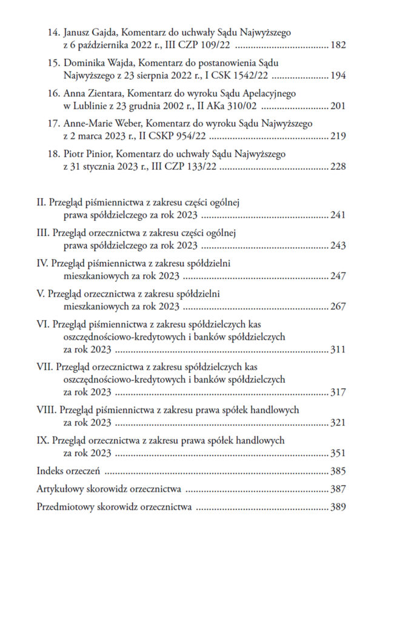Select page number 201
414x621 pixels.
click(x=338, y=106)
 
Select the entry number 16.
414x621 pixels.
click(x=53, y=95)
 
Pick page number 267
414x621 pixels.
click(x=338, y=306)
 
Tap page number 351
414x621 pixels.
click(x=338, y=453)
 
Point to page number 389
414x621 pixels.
click(x=338, y=508)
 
